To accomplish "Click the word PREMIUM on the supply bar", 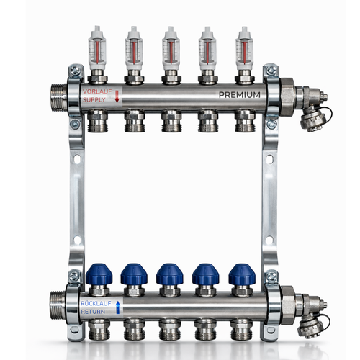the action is click(x=240, y=95).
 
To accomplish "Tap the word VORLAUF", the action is click(x=97, y=91).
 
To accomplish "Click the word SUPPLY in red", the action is click(x=94, y=99).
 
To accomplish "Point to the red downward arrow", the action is click(x=117, y=96).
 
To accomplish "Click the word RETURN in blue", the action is click(x=93, y=312).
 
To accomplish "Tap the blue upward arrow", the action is click(x=117, y=307).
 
